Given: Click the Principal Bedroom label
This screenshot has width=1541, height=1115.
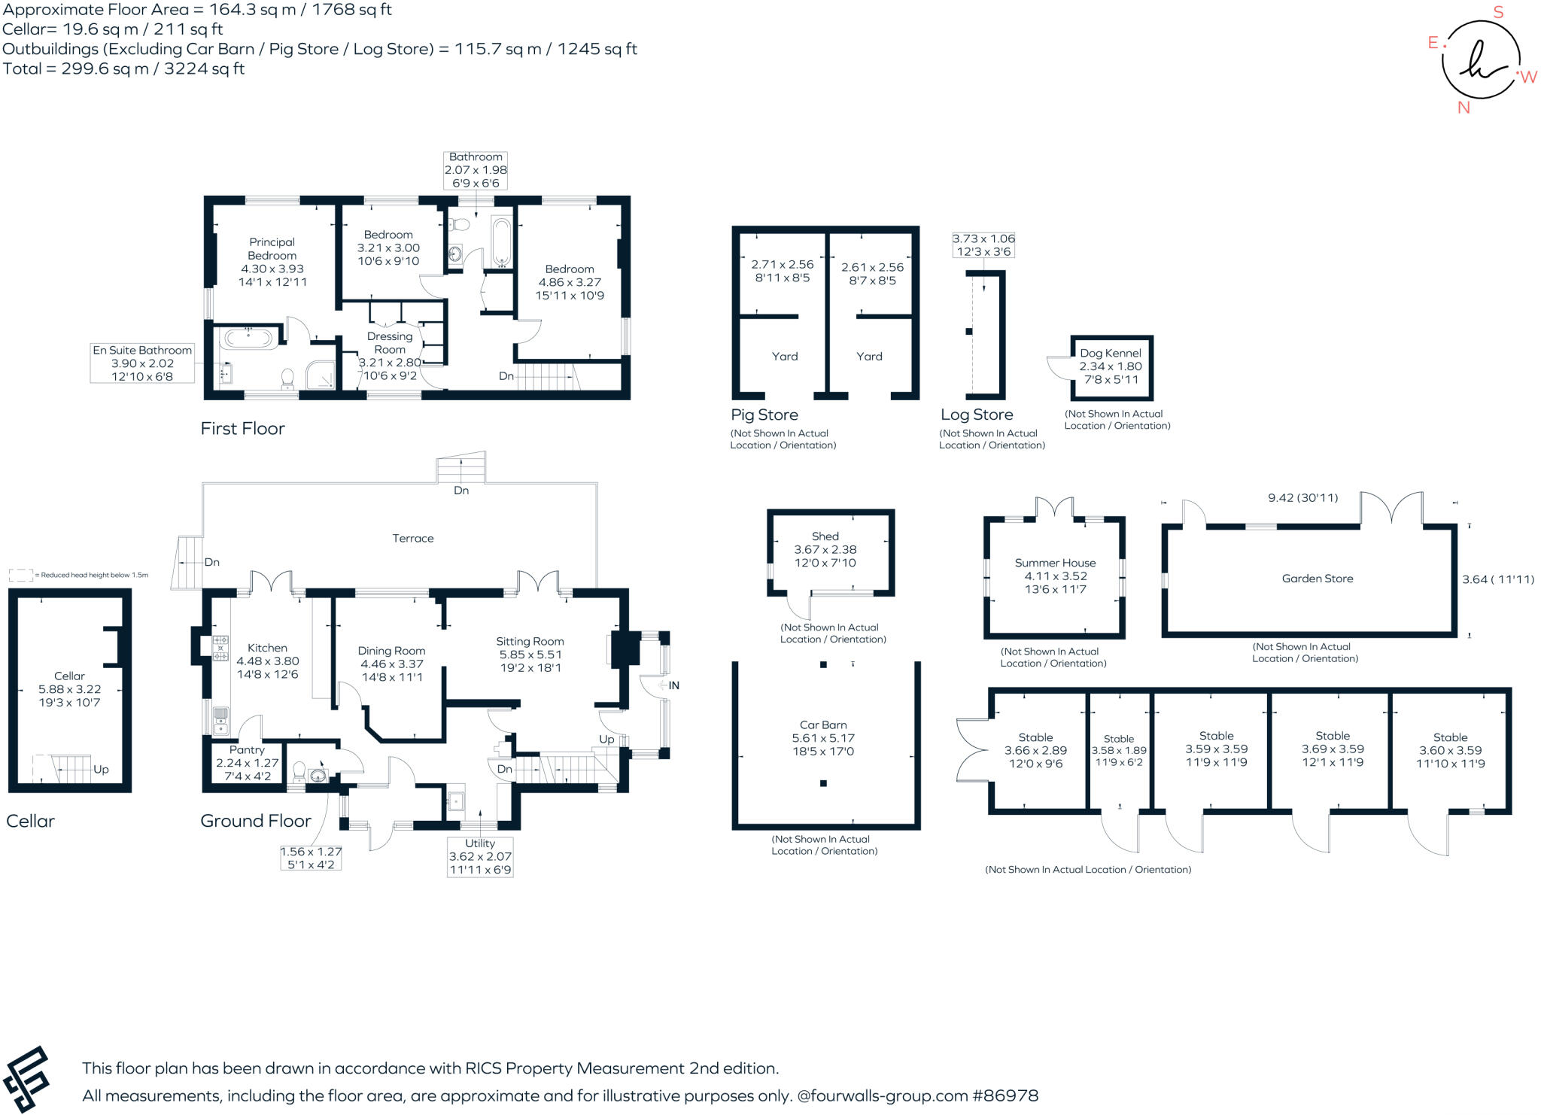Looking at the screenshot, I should point(272,249).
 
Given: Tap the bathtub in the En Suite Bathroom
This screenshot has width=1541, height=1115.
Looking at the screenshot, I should point(248,338).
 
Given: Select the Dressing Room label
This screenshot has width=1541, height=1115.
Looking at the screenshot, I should point(390,343).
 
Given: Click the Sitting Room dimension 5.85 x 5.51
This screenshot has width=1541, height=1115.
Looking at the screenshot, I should point(530,655).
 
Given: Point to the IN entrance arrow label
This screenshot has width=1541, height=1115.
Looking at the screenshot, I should point(673,685).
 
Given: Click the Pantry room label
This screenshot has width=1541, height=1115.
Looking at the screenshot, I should point(247,750).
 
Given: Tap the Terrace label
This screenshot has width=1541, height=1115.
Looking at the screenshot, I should point(412,539).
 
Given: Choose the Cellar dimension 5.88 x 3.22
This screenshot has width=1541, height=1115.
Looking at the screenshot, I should point(69,689).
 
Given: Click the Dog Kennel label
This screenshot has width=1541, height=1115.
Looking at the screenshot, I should point(1111,353).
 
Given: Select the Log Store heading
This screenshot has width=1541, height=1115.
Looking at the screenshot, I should point(977,415).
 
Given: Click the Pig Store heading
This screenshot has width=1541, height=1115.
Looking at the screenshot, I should point(764,415).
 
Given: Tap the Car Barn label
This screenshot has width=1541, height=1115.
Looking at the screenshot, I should point(823,725).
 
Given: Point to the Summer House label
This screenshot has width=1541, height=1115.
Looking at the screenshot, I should point(1055,563).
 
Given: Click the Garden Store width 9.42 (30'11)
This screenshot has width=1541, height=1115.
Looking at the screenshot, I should point(1302,498).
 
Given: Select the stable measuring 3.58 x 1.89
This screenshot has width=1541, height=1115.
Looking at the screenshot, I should point(1119,750).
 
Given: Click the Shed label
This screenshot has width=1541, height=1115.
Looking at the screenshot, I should point(825,536).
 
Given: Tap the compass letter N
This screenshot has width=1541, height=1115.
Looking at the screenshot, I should point(1463,108).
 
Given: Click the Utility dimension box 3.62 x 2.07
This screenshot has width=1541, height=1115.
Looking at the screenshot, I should point(480,856).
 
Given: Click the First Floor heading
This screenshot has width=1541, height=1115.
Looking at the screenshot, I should point(242,429).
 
